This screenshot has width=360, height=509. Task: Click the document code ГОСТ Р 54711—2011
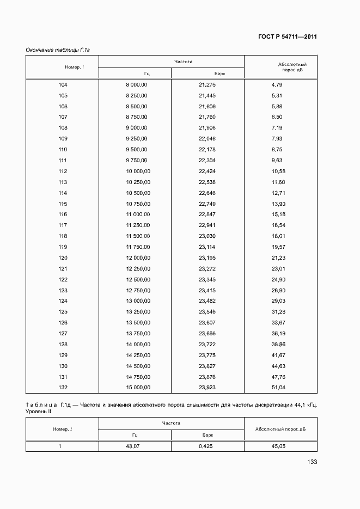288,37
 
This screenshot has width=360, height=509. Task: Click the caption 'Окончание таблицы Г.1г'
57,50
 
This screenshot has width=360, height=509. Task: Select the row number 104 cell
63,84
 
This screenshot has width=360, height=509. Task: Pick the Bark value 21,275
207,84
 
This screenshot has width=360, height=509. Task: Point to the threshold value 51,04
278,388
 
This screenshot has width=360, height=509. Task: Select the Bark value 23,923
207,388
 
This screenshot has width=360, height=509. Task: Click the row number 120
63,257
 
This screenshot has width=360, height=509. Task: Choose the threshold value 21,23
278,257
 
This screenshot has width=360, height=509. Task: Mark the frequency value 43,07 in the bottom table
134,446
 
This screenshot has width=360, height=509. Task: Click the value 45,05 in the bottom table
279,446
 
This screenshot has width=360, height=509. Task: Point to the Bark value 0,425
207,446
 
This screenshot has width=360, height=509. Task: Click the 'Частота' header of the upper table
184,62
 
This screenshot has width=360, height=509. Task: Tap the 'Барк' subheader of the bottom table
208,435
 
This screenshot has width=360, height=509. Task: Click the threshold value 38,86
278,345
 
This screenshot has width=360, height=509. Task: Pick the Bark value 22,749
207,203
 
